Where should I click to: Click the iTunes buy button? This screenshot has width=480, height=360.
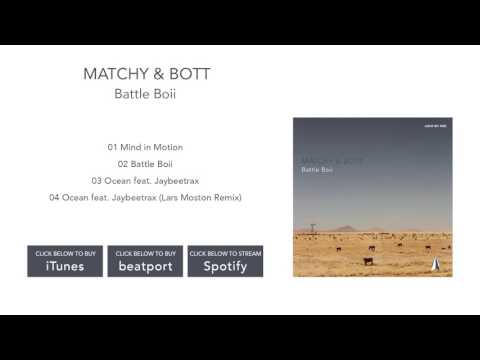click(64, 261)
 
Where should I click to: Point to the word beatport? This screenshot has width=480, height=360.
click(145, 267)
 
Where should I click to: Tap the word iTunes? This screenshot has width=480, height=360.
click(64, 267)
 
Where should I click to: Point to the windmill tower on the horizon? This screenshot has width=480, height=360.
click(312, 229)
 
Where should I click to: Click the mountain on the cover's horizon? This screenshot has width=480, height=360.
click(346, 229)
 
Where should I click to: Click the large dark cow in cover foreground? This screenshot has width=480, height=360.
click(368, 261)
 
